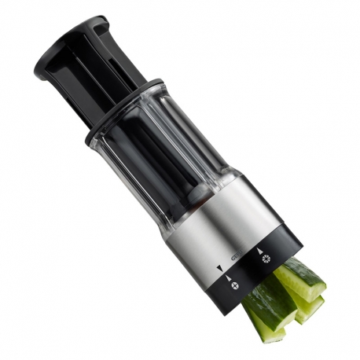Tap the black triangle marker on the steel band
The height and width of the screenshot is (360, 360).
point(219,268)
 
